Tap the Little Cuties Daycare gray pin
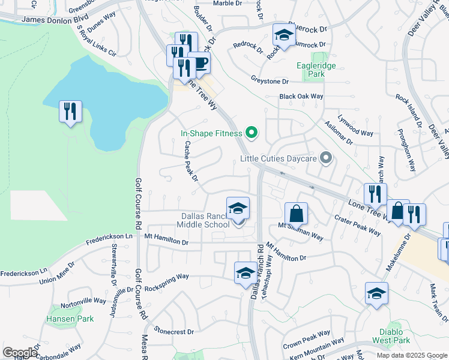[x=326, y=158]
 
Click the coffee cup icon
[x=199, y=62]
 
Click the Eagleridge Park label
[x=316, y=70]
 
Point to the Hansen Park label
[x=71, y=319]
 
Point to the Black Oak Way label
[x=301, y=96]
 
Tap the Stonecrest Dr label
[x=174, y=331]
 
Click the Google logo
[x=20, y=353]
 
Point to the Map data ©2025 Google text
[x=412, y=355]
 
